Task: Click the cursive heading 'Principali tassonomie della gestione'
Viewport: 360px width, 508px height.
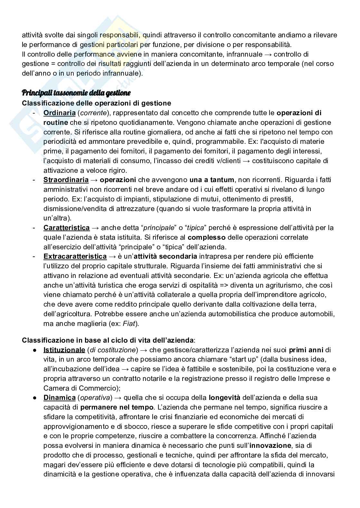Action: click(76, 93)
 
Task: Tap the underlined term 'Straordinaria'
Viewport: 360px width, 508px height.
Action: click(66, 180)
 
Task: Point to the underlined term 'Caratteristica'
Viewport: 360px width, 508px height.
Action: click(67, 228)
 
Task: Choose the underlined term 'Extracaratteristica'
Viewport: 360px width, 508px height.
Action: click(75, 256)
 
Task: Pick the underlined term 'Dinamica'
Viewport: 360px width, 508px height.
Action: click(60, 398)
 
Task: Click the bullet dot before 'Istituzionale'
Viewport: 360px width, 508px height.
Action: click(34, 350)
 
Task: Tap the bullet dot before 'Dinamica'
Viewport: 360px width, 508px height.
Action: click(34, 398)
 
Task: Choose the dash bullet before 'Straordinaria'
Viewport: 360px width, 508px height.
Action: click(34, 180)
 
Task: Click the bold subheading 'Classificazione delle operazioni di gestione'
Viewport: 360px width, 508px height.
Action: click(96, 103)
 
